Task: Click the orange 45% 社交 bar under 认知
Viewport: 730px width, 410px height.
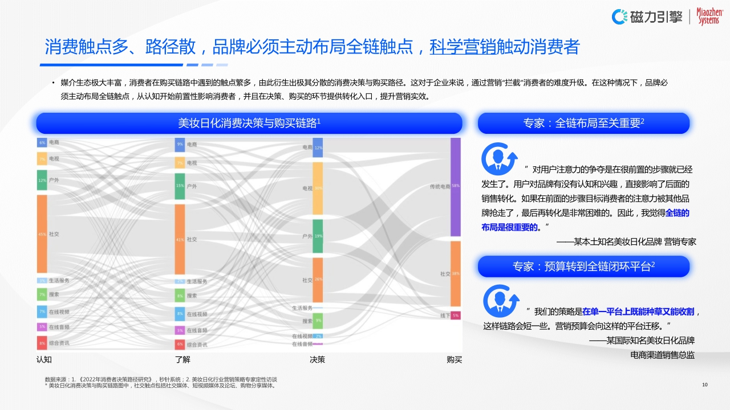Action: point(42,234)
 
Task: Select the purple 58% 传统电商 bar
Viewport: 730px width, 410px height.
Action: point(455,187)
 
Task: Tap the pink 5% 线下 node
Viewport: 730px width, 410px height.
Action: point(455,315)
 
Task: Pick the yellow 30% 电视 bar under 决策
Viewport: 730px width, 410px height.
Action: point(318,188)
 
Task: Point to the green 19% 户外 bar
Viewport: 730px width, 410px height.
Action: point(318,236)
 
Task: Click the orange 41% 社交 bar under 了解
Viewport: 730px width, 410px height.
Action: point(180,239)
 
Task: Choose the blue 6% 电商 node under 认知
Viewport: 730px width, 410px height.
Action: point(42,142)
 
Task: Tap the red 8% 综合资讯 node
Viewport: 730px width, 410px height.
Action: point(42,343)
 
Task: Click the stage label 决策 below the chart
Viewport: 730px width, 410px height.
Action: point(317,359)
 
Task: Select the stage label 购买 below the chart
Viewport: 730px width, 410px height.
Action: point(455,359)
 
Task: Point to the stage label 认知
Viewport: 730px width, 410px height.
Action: point(44,359)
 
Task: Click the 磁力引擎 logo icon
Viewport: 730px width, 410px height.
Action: point(620,17)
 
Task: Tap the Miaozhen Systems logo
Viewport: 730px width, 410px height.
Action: point(709,17)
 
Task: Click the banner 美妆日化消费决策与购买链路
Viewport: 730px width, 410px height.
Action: point(249,123)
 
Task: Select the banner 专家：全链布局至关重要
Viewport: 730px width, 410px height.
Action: point(583,123)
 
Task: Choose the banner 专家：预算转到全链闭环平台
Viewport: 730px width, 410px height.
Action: point(583,266)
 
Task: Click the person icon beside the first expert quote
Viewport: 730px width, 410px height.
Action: point(498,158)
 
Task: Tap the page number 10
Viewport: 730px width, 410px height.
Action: point(705,386)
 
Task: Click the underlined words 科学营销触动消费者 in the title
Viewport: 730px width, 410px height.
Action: point(504,47)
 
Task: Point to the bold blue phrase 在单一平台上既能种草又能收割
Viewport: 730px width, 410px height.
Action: point(638,312)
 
